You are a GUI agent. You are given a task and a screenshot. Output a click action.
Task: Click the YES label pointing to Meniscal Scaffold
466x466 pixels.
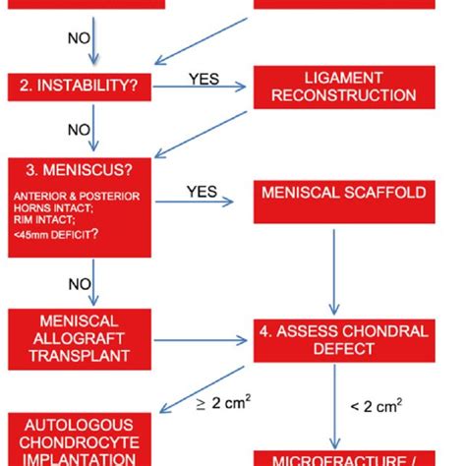click(x=203, y=192)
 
